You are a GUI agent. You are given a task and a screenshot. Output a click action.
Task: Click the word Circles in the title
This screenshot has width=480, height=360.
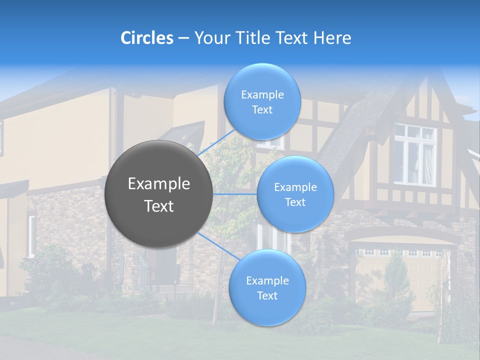click(x=147, y=38)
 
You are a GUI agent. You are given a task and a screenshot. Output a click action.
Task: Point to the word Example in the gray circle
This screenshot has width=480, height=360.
click(x=159, y=184)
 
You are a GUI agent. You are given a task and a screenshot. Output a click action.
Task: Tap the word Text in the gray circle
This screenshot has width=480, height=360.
click(x=159, y=206)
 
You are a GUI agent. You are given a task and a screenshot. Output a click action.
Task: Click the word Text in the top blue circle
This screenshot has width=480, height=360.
click(x=262, y=110)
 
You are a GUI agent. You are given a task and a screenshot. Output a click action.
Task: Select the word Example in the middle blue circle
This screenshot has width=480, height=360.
click(x=295, y=187)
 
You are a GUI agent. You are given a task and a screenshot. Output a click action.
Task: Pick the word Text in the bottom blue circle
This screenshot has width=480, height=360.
click(x=267, y=296)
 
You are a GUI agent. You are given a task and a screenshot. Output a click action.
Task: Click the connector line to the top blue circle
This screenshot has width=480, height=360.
click(x=216, y=142)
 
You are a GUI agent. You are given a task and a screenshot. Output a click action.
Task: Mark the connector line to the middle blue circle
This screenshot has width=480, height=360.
click(x=234, y=194)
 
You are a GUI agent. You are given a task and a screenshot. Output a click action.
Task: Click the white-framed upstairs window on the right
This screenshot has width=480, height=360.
click(x=415, y=154)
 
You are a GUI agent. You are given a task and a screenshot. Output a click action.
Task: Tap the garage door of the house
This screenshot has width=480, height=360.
click(x=395, y=277)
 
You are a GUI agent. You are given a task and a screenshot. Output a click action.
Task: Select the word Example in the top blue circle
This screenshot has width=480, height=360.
click(x=262, y=95)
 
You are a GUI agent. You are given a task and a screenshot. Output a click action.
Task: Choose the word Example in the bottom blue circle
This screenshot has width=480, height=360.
click(x=267, y=281)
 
